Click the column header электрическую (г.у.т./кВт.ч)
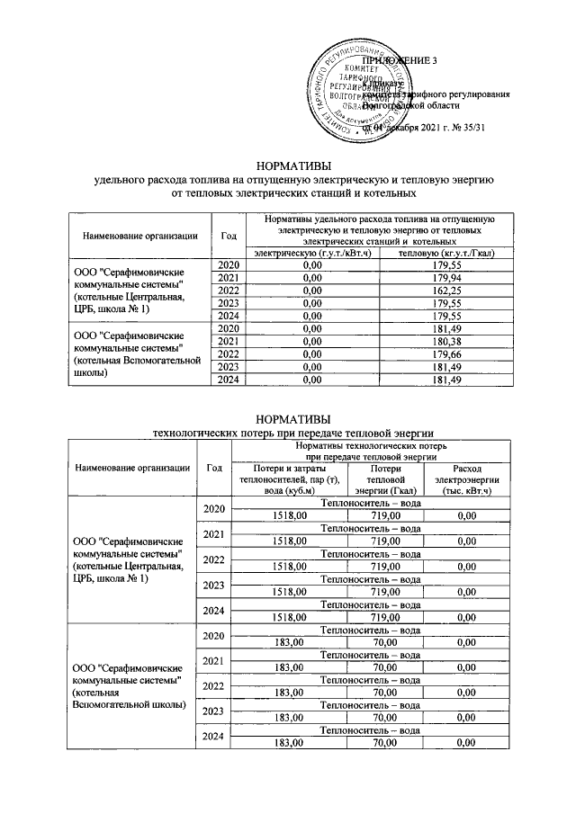point(313,253)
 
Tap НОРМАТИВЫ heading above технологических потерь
point(294,419)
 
